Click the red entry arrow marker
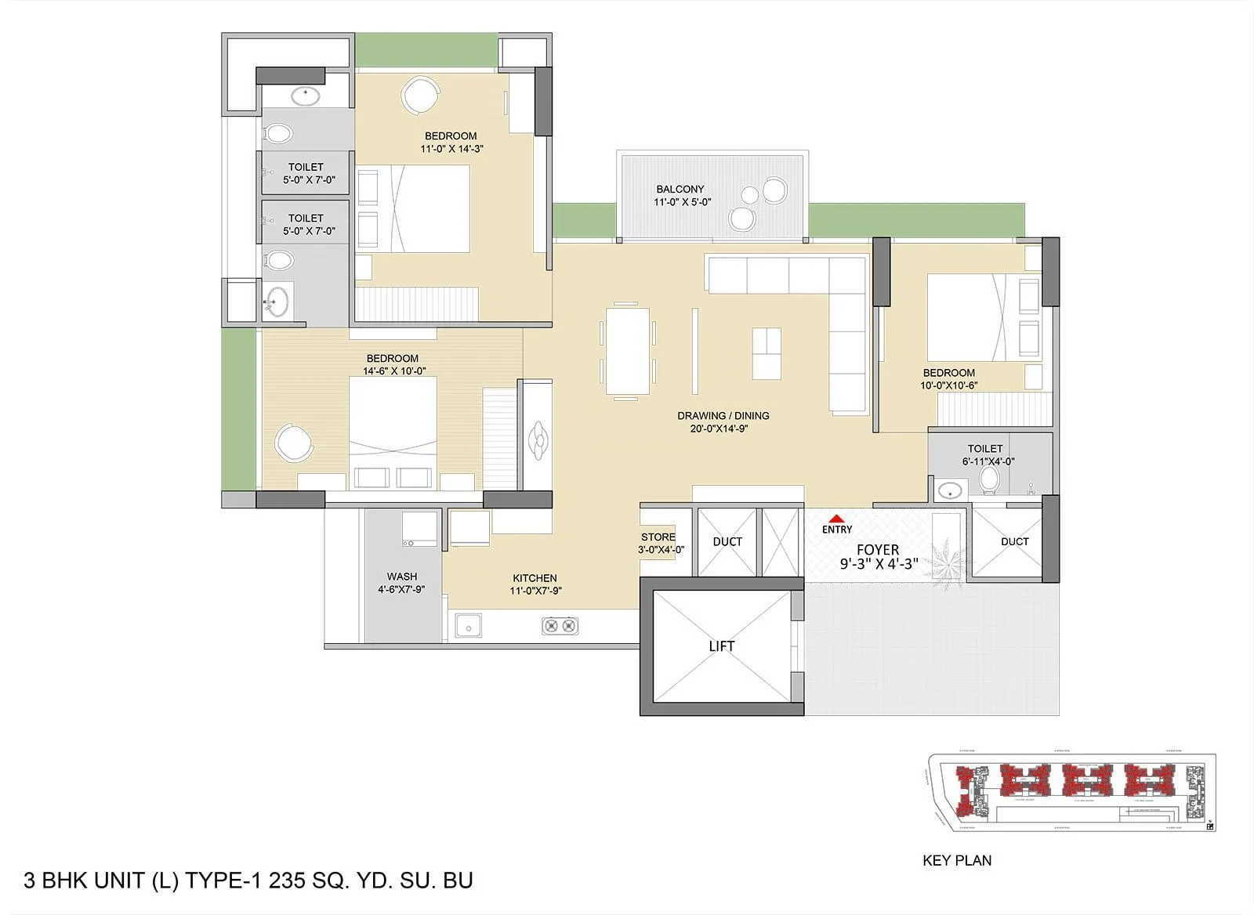[836, 518]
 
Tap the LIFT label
[721, 646]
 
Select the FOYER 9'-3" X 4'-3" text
[878, 557]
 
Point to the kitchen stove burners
[560, 625]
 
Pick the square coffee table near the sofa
[767, 353]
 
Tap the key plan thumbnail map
[1072, 791]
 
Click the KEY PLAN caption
[957, 860]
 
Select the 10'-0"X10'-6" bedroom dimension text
[948, 385]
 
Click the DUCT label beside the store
[727, 542]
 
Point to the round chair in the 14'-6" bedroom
[294, 443]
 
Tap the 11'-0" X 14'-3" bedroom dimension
[451, 149]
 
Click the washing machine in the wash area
[419, 529]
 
